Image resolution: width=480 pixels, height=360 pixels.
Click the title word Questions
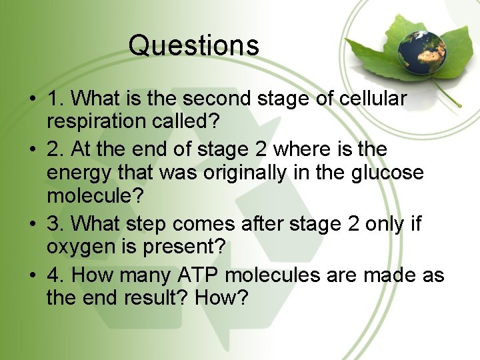[193, 45]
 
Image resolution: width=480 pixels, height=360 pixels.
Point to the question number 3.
[53, 223]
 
